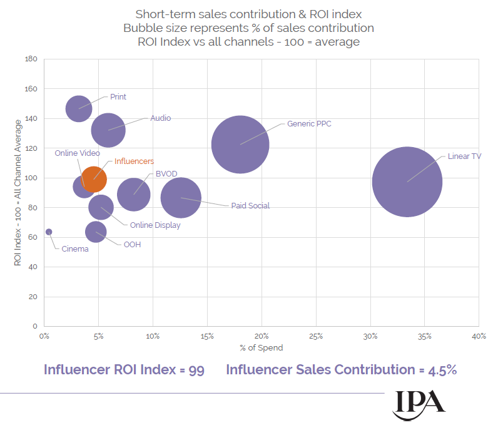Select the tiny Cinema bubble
click(49, 232)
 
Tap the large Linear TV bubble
click(407, 182)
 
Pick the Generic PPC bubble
click(240, 144)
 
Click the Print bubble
click(79, 108)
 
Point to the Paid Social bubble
click(181, 198)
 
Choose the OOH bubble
click(96, 232)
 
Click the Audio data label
click(160, 118)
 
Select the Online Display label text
click(155, 225)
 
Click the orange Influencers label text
click(134, 161)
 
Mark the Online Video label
click(77, 153)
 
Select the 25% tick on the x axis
click(316, 336)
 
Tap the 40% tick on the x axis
click(479, 336)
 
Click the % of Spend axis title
click(261, 347)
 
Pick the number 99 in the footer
click(196, 370)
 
